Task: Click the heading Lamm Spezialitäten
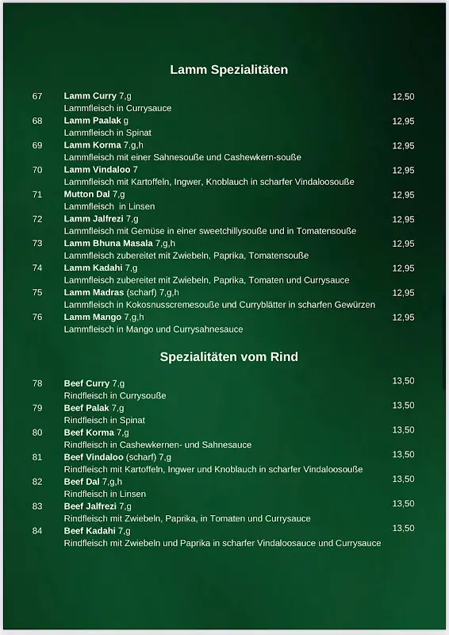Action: click(228, 70)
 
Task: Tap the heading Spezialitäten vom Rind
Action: click(228, 356)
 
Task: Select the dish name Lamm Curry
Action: click(90, 96)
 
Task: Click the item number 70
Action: click(37, 170)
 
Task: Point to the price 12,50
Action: click(403, 96)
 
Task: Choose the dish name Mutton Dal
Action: click(87, 194)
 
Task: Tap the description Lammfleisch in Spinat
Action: click(107, 133)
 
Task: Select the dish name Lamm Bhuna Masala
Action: click(109, 244)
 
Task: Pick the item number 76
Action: click(37, 317)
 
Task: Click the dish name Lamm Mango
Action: click(92, 317)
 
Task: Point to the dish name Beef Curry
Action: click(86, 383)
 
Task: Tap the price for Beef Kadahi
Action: click(403, 528)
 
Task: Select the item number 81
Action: click(37, 457)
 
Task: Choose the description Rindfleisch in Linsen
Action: click(105, 494)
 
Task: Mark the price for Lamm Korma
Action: click(403, 145)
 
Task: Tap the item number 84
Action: click(37, 531)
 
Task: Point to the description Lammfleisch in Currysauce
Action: click(117, 108)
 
